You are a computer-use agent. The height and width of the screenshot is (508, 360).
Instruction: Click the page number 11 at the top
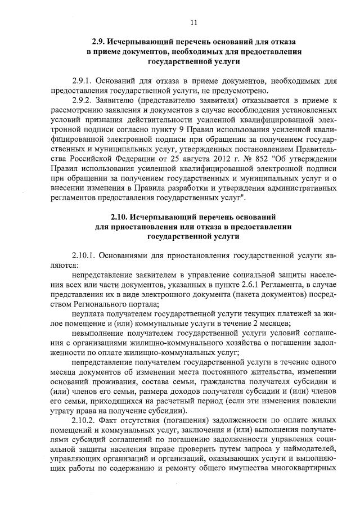pos(193,22)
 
